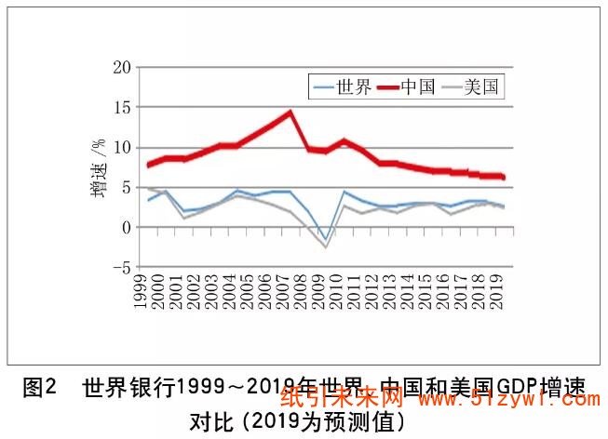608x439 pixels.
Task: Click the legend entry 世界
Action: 344,88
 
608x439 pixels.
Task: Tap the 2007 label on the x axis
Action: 290,292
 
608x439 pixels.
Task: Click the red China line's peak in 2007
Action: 290,113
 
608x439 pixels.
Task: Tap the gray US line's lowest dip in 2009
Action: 326,246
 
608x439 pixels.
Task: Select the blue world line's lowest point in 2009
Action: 325,238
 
